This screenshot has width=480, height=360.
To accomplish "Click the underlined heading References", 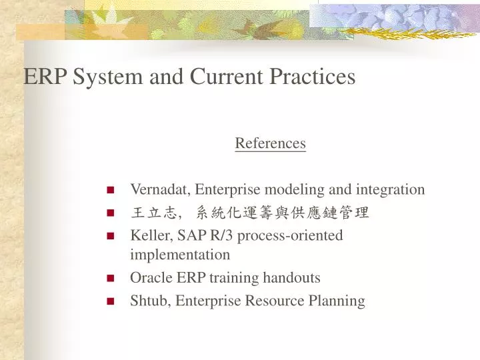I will coord(270,143).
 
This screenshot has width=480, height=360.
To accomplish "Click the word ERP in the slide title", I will coord(45,77).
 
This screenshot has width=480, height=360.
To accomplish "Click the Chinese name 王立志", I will coord(154,213).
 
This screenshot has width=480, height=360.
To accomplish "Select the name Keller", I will coord(148,235).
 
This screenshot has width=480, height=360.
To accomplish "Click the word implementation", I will coord(180,255).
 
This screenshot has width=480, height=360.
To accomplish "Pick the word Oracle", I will coord(150,277).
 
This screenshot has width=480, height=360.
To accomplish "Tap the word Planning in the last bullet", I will coord(337,301).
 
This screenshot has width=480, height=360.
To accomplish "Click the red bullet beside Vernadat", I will coord(110,190).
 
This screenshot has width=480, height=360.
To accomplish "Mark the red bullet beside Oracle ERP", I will coord(110,278).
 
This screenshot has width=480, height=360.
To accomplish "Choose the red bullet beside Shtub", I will coord(110,301).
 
